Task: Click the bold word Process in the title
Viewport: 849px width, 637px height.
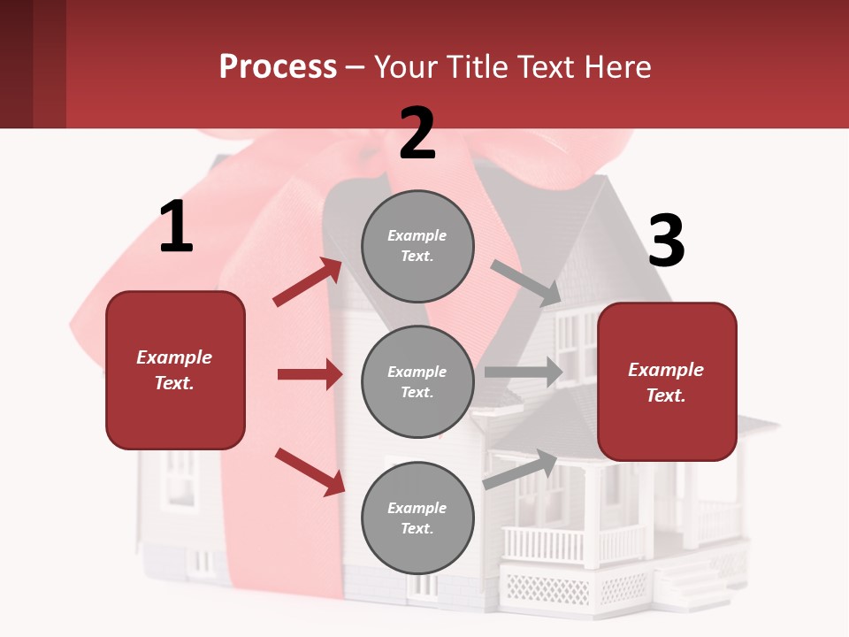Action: click(278, 67)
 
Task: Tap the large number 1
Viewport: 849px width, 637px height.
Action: click(176, 227)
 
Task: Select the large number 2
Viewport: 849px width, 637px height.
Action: click(417, 134)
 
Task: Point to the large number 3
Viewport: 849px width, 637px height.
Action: click(666, 242)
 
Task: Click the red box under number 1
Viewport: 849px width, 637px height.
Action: click(175, 370)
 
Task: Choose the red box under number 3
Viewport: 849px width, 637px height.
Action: click(667, 382)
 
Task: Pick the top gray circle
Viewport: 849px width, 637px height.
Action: click(417, 246)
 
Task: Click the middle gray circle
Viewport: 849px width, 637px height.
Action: click(417, 381)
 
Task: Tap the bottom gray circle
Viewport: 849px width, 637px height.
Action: click(417, 518)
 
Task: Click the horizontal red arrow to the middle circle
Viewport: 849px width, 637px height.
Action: click(310, 374)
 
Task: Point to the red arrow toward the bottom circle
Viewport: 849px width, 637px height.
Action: click(310, 471)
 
